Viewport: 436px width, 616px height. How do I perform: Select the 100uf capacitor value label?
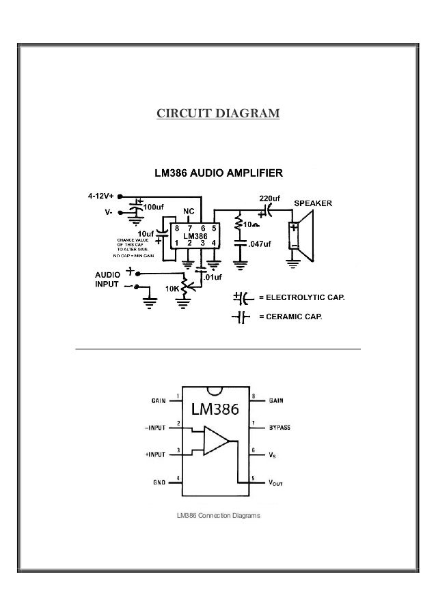(x=153, y=206)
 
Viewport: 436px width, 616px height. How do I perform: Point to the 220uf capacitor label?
(x=269, y=199)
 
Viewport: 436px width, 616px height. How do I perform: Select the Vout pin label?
(x=275, y=482)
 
